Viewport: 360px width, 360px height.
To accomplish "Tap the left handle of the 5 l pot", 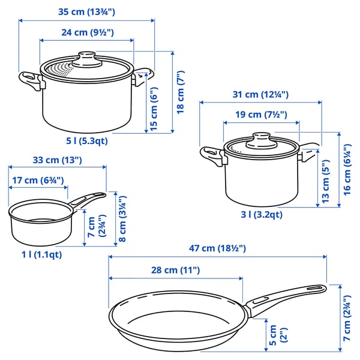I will [x=31, y=79].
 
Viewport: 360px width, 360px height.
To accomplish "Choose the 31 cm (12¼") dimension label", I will [x=260, y=94].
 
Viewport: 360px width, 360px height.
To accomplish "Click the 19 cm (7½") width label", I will [x=259, y=114].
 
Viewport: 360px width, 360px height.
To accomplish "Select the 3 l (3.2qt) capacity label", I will [x=262, y=214].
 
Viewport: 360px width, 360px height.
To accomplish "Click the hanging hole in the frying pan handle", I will [x=313, y=290].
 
